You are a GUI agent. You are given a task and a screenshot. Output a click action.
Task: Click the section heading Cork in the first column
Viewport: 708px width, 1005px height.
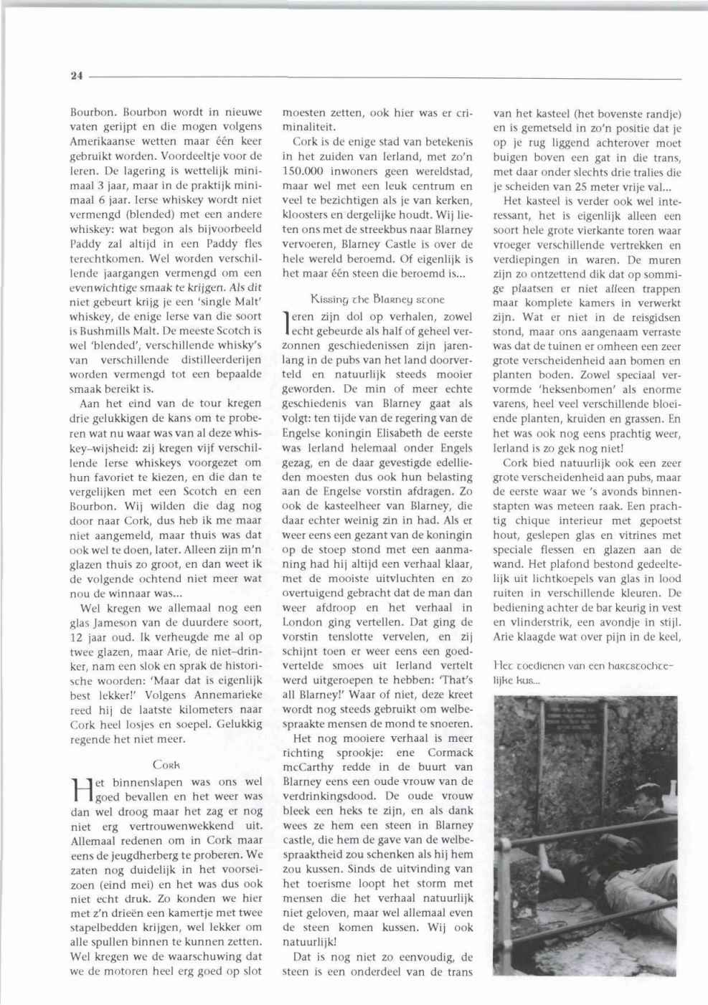pyautogui.click(x=166, y=765)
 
